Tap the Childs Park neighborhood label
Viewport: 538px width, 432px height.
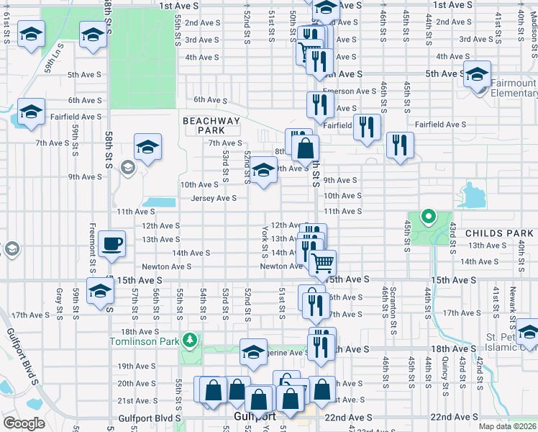[499, 233]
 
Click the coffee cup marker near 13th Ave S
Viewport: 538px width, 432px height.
[111, 244]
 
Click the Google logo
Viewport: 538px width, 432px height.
[24, 423]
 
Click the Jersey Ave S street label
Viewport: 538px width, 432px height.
[214, 198]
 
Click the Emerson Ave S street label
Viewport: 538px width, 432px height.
[350, 91]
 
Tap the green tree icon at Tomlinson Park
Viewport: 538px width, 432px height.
[189, 338]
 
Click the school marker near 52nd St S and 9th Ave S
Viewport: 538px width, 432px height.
[263, 171]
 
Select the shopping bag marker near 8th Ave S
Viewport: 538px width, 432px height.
[306, 149]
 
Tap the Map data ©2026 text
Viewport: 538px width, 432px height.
[506, 426]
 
